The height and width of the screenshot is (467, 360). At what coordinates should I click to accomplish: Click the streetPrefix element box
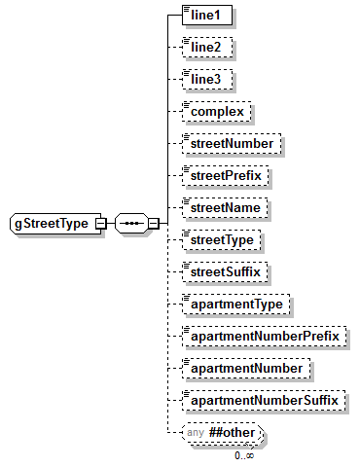[228, 175]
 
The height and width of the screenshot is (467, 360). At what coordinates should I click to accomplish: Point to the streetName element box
[228, 207]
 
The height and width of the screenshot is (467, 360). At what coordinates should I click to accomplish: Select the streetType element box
[225, 239]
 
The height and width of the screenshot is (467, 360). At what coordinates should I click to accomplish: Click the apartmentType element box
[236, 304]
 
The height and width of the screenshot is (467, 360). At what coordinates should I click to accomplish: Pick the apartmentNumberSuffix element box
[264, 400]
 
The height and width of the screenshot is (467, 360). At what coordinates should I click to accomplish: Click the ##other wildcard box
[234, 432]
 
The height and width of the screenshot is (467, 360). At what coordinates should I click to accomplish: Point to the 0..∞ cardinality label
[243, 454]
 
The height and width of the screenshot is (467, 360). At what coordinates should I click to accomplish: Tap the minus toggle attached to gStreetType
[99, 224]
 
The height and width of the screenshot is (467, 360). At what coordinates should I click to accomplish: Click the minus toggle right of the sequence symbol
[153, 224]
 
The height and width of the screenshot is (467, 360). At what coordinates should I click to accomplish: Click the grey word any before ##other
[196, 432]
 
